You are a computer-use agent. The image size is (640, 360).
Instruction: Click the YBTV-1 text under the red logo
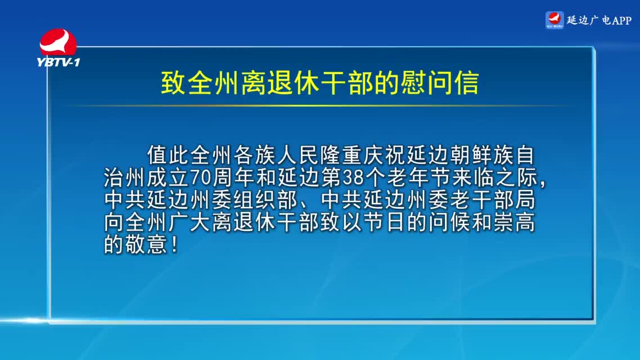(58, 62)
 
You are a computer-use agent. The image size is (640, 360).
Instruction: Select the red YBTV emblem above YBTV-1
(58, 42)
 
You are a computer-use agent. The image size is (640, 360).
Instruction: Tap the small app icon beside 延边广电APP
(555, 20)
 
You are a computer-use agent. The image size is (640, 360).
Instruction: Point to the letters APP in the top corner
(621, 20)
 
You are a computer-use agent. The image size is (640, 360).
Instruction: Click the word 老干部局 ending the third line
(493, 200)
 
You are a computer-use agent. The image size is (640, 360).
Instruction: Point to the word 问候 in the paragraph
(449, 222)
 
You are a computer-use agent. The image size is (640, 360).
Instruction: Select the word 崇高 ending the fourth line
(514, 222)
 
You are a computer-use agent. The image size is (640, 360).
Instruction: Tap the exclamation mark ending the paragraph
(175, 245)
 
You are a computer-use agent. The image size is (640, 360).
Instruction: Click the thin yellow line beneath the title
(318, 106)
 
